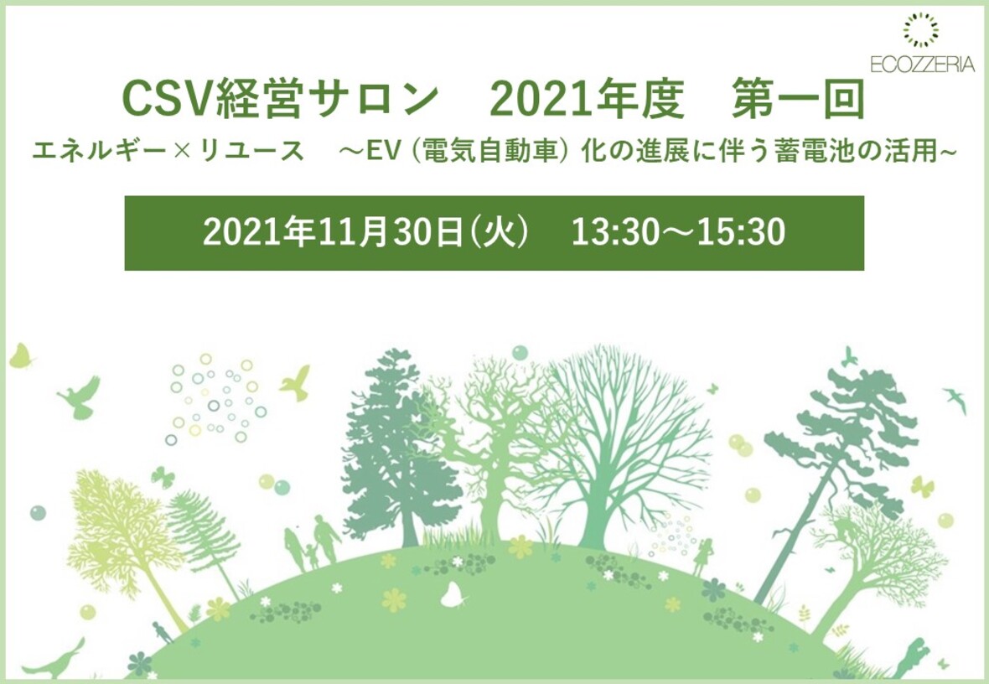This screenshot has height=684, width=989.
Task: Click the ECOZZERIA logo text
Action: tap(921, 64)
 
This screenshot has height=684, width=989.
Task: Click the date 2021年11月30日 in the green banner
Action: tap(334, 232)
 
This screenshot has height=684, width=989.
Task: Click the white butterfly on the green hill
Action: tap(453, 595)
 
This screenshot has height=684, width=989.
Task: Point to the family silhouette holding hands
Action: tap(313, 541)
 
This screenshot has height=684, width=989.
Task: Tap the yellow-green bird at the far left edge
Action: tap(21, 355)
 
